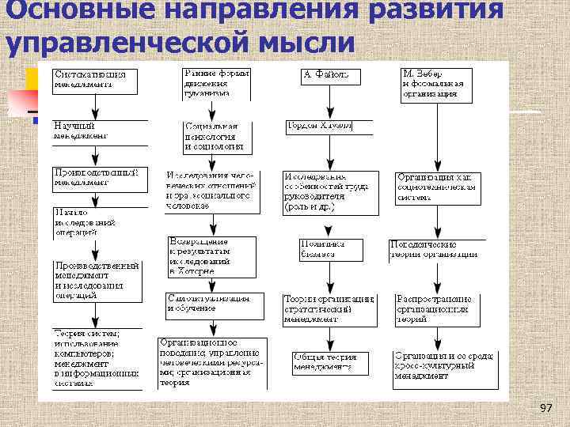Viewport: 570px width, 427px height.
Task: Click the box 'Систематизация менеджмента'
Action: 95,79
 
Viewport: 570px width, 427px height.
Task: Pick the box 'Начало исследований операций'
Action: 100,222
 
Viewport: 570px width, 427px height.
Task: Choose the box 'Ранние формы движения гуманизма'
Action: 215,82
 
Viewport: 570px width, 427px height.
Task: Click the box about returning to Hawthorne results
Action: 211,256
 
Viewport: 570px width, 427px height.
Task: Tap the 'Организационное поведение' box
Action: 212,362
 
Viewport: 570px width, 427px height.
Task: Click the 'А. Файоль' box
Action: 330,76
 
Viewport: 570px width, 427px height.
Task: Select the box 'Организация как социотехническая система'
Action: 436,187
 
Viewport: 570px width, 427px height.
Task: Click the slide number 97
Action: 545,407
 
